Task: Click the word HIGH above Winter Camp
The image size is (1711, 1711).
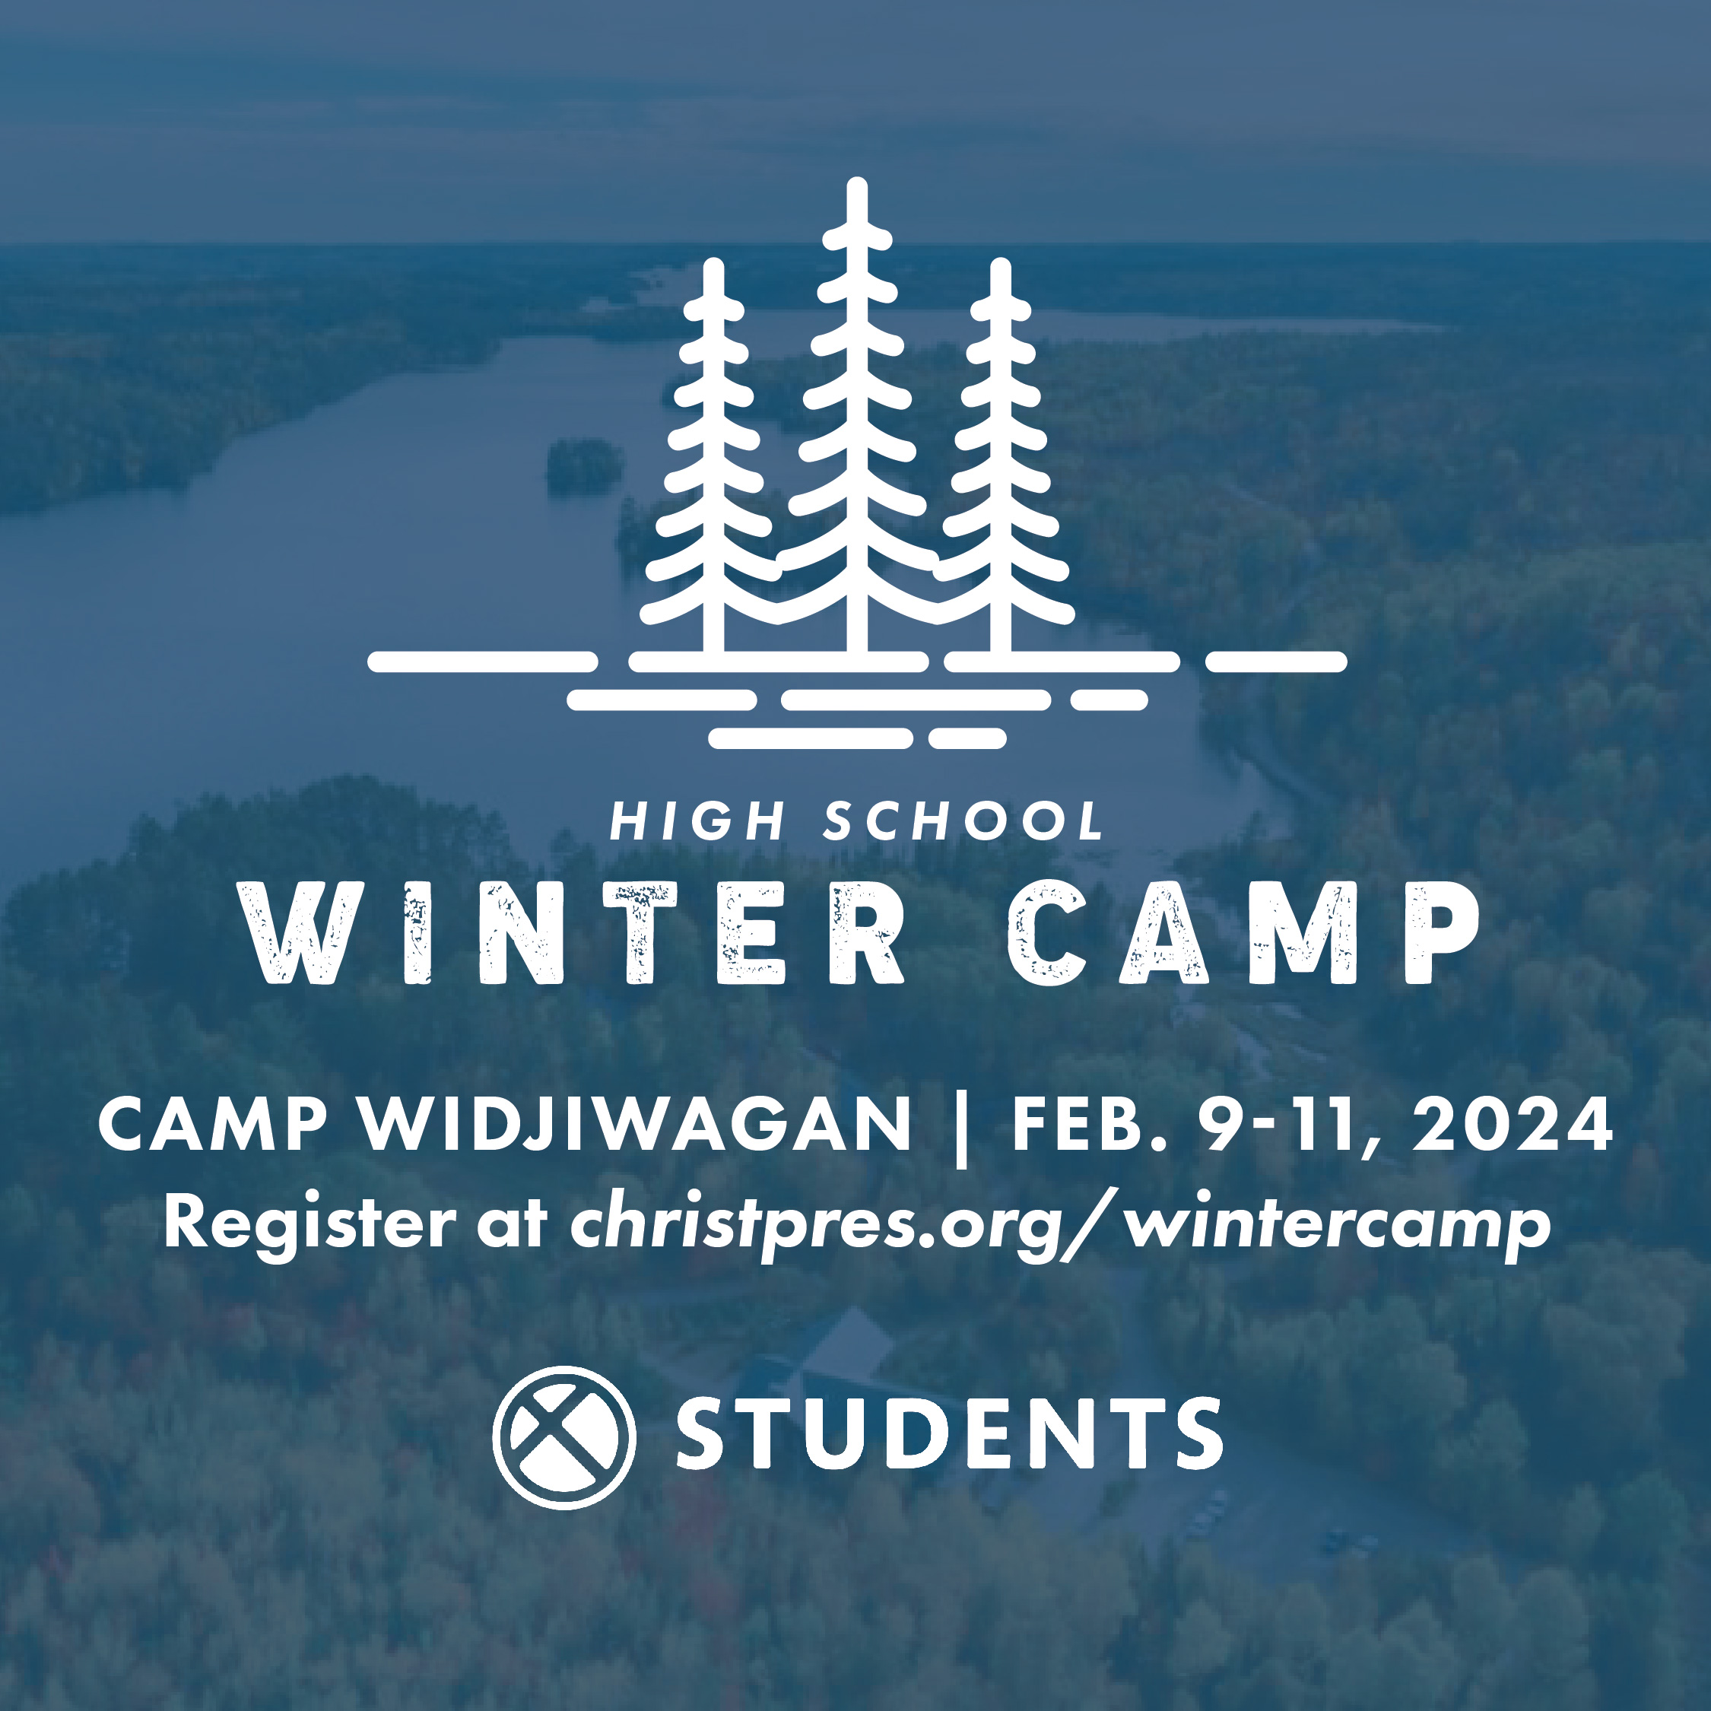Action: click(x=697, y=821)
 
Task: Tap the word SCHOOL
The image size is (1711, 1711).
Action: click(x=963, y=821)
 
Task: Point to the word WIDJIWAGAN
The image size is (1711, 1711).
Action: click(x=635, y=1124)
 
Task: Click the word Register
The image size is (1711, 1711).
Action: click(x=309, y=1227)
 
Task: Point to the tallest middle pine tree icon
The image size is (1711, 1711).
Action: click(x=857, y=416)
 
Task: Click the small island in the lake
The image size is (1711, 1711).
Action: click(x=583, y=467)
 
